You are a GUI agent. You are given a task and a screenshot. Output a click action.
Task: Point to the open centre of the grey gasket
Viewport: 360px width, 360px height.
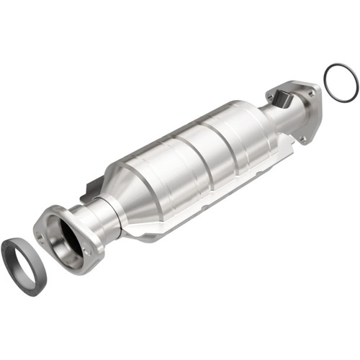[22, 267]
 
